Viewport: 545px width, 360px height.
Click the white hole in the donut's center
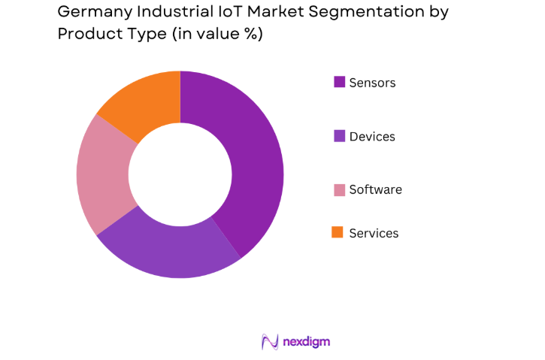[180, 174]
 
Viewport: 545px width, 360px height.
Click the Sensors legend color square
[339, 82]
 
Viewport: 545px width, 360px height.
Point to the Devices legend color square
[339, 136]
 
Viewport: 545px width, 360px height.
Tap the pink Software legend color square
[339, 189]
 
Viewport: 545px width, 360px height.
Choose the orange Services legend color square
[339, 233]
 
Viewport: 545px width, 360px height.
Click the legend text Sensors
[372, 83]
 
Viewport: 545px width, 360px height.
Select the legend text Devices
[372, 137]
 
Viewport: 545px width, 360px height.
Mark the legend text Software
[375, 190]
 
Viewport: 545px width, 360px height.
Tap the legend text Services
[374, 234]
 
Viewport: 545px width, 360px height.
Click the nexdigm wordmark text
[306, 342]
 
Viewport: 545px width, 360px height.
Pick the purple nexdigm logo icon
[270, 342]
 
